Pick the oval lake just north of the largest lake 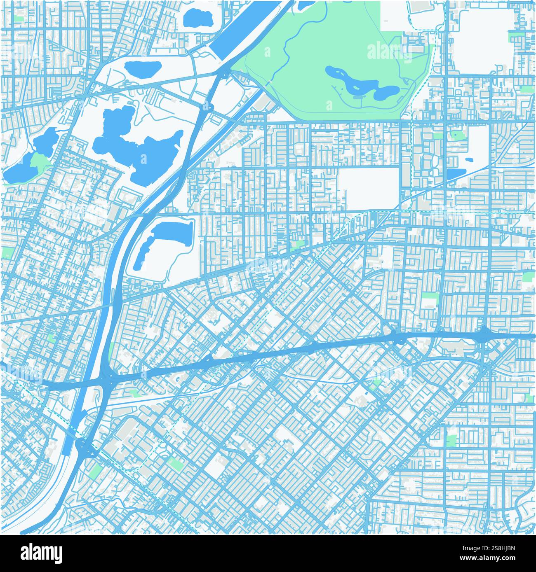[142, 68]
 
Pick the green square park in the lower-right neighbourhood [451, 440]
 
